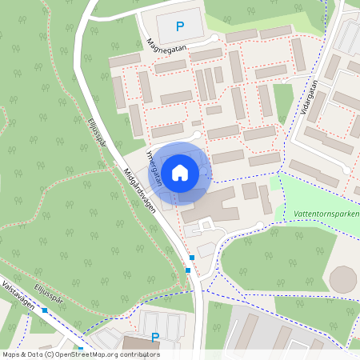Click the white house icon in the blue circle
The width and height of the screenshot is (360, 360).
click(x=180, y=172)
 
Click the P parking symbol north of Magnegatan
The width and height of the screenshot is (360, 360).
click(x=180, y=26)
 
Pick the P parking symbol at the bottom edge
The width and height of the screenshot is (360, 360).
click(x=155, y=337)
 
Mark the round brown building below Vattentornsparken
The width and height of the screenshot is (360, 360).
click(x=343, y=280)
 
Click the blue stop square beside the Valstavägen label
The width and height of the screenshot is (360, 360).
click(x=46, y=310)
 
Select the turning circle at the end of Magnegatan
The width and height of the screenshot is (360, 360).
click(x=214, y=38)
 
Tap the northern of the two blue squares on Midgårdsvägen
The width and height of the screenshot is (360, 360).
click(x=192, y=257)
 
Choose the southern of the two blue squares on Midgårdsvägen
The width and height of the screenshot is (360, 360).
click(x=187, y=270)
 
